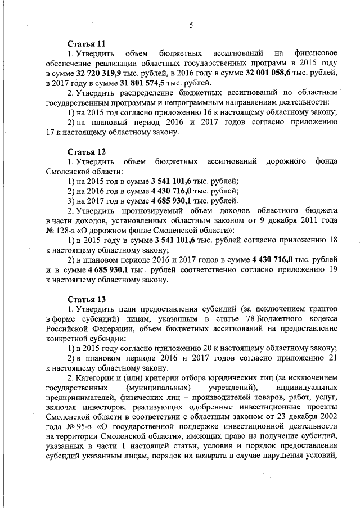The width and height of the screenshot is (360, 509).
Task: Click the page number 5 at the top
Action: pyautogui.click(x=191, y=25)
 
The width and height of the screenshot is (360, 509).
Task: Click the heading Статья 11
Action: pyautogui.click(x=86, y=43)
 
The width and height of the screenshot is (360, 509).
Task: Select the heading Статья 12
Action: pyautogui.click(x=86, y=152)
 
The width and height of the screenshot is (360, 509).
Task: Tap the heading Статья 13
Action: pyautogui.click(x=86, y=299)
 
